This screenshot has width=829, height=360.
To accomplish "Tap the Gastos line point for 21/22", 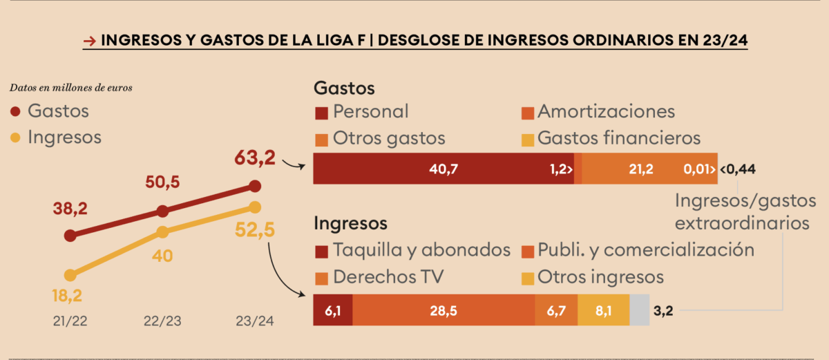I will tap(70, 236).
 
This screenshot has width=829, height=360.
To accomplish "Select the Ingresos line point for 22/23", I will tap(162, 231).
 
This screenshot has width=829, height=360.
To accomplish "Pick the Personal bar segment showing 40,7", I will tap(444, 169).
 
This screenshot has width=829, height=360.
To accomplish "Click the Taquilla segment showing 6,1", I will tap(333, 310).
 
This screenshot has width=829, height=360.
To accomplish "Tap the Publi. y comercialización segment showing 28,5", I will tap(444, 310).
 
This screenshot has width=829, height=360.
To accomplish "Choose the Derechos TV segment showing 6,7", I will tap(556, 310).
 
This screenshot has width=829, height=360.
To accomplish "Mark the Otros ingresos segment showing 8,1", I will tap(604, 310).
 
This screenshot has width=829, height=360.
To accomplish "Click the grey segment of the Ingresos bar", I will tap(640, 310).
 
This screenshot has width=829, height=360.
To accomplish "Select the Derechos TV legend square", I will tap(321, 278).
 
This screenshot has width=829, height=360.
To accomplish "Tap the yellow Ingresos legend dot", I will tap(16, 138).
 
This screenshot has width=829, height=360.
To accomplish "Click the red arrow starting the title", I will tap(88, 41).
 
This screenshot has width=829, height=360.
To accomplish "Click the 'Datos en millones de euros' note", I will tap(71, 88).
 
